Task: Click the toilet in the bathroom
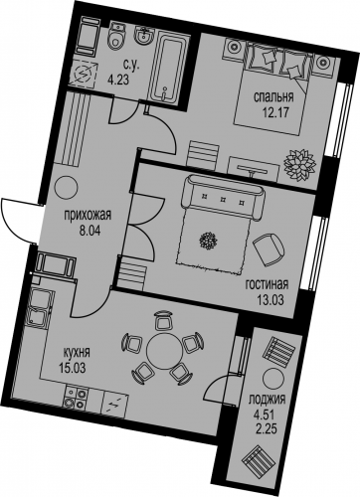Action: (x=116, y=36)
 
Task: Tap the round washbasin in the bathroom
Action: (x=144, y=35)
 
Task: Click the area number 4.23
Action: (x=117, y=80)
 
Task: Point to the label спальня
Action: (x=273, y=97)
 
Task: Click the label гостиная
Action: (x=268, y=284)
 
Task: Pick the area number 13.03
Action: (x=270, y=300)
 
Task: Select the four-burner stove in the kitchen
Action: (x=76, y=398)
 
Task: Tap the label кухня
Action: (x=77, y=352)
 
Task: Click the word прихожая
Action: (x=88, y=215)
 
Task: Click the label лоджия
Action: (x=267, y=400)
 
